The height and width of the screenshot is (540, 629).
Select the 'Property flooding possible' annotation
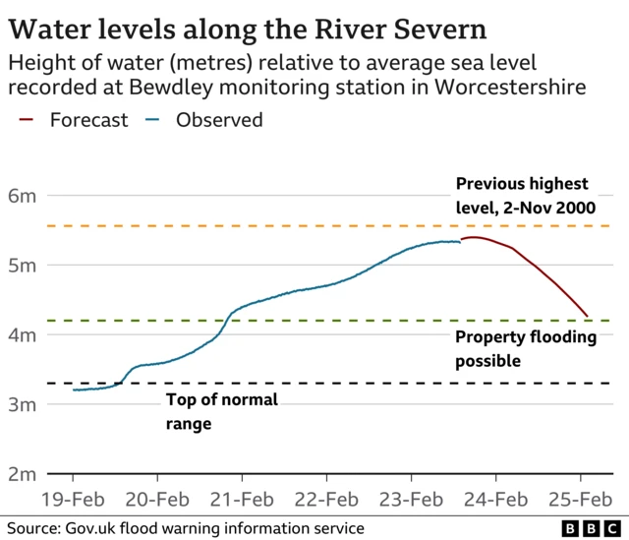(526, 349)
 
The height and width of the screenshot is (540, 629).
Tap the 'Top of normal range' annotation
(221, 411)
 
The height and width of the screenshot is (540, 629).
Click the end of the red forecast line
(588, 317)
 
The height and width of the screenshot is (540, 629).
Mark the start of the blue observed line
(74, 390)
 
